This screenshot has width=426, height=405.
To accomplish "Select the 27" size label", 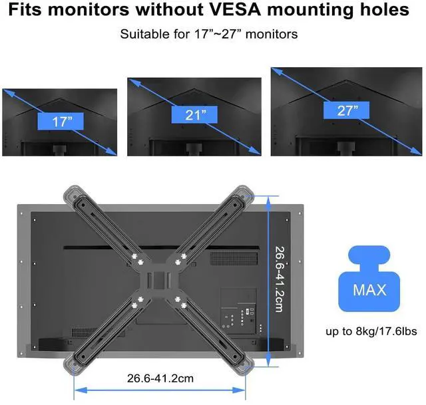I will click(x=347, y=110).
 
